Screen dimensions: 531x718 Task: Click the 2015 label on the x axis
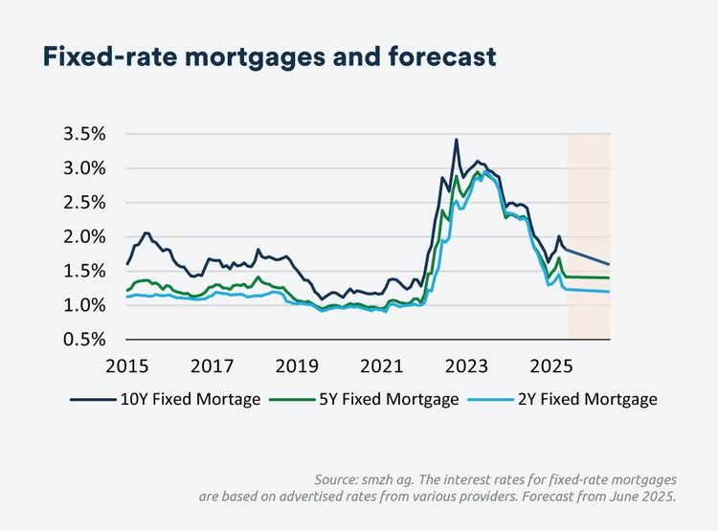(x=127, y=365)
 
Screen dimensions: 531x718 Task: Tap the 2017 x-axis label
(x=213, y=365)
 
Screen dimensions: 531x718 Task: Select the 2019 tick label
(x=297, y=365)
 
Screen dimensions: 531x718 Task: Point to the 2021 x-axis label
(x=382, y=365)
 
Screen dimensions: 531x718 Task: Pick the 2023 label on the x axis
(x=467, y=365)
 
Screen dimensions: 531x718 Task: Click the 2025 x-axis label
(x=551, y=365)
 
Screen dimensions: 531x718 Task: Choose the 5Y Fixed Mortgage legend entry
(x=391, y=400)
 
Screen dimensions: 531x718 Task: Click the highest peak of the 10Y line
(x=456, y=140)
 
